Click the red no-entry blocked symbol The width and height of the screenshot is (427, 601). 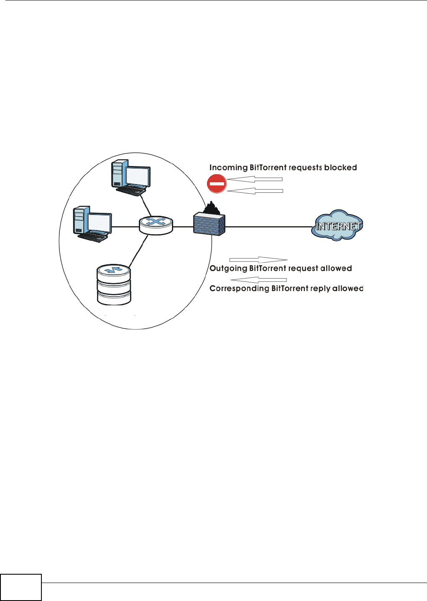click(x=217, y=184)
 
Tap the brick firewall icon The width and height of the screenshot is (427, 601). click(x=209, y=224)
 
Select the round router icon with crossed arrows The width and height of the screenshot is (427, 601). click(x=156, y=225)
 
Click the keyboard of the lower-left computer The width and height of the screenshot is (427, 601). click(x=92, y=237)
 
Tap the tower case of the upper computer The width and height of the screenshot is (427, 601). click(x=118, y=174)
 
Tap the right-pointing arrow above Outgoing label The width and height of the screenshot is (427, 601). click(x=258, y=260)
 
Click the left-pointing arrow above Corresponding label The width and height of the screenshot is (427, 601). click(x=258, y=279)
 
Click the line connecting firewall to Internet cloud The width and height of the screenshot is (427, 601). click(x=268, y=227)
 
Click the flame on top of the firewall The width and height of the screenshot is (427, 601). click(x=212, y=208)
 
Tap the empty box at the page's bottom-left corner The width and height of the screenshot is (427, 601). click(x=21, y=587)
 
